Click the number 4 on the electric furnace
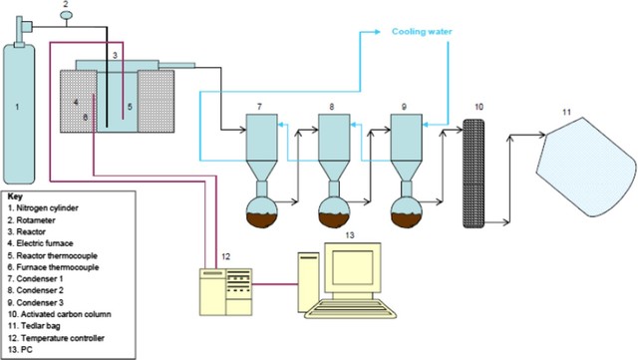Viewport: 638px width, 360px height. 75,101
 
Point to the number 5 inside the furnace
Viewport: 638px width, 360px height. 129,103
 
